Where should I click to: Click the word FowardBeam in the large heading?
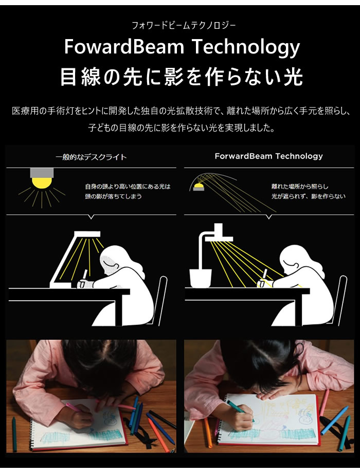tap(124, 47)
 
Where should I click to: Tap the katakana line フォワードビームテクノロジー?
tap(184, 25)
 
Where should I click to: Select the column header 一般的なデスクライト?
tap(91, 157)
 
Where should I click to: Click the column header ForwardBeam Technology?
tap(268, 156)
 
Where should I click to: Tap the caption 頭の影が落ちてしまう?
tap(113, 196)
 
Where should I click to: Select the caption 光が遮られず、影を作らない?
tap(308, 196)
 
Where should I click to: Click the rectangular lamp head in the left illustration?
tap(87, 234)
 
